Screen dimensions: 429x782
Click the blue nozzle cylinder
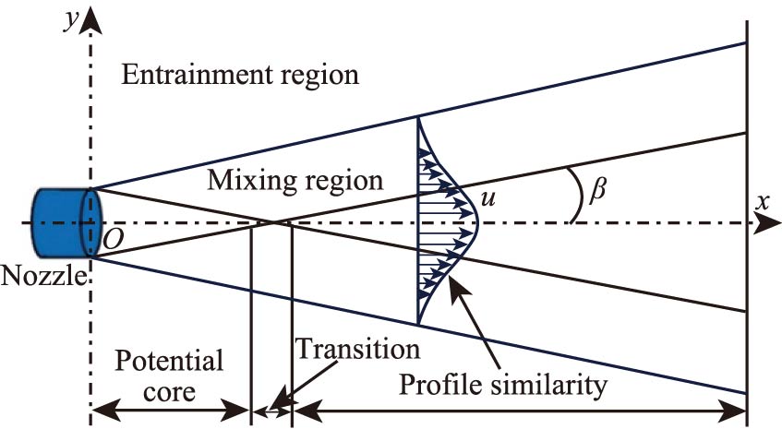pos(61,223)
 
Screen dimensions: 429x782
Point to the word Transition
pos(358,350)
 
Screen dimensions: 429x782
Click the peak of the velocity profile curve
pos(477,222)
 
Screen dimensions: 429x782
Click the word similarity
pos(556,383)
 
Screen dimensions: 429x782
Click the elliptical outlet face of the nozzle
pos(90,223)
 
